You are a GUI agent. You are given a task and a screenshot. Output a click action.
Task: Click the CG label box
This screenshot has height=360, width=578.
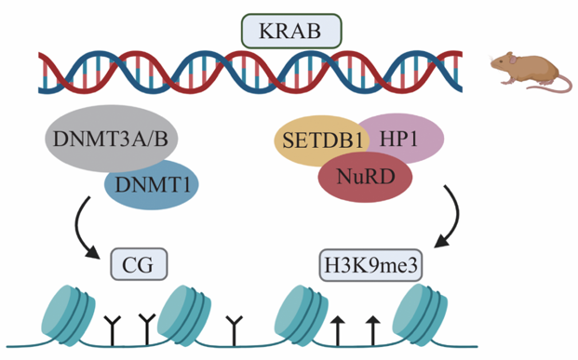click(x=138, y=264)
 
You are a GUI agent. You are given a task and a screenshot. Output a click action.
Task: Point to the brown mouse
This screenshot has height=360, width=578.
click(x=526, y=70)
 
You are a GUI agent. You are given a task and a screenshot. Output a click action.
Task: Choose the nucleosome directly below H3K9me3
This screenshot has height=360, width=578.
click(x=305, y=316)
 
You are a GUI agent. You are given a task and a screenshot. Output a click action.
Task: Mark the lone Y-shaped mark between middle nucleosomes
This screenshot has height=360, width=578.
click(x=234, y=327)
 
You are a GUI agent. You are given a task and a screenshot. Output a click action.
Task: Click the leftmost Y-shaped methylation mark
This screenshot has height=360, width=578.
click(x=114, y=327)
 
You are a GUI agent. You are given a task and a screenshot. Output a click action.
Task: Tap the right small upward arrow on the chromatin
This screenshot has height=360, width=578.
click(x=372, y=328)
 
